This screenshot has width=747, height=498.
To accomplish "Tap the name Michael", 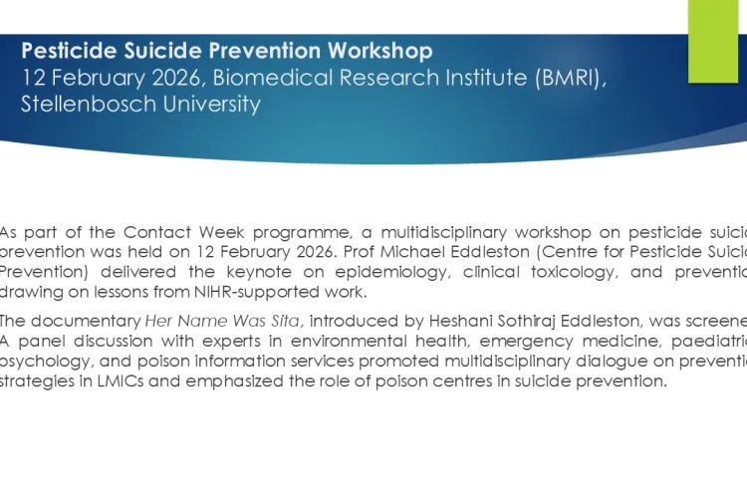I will (x=481, y=248).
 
